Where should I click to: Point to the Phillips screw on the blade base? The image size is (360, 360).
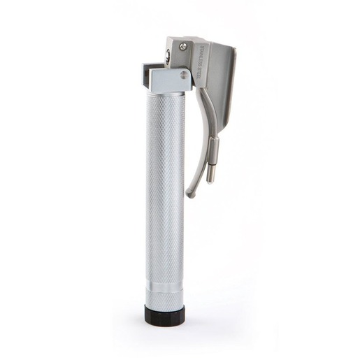(x=183, y=48)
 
